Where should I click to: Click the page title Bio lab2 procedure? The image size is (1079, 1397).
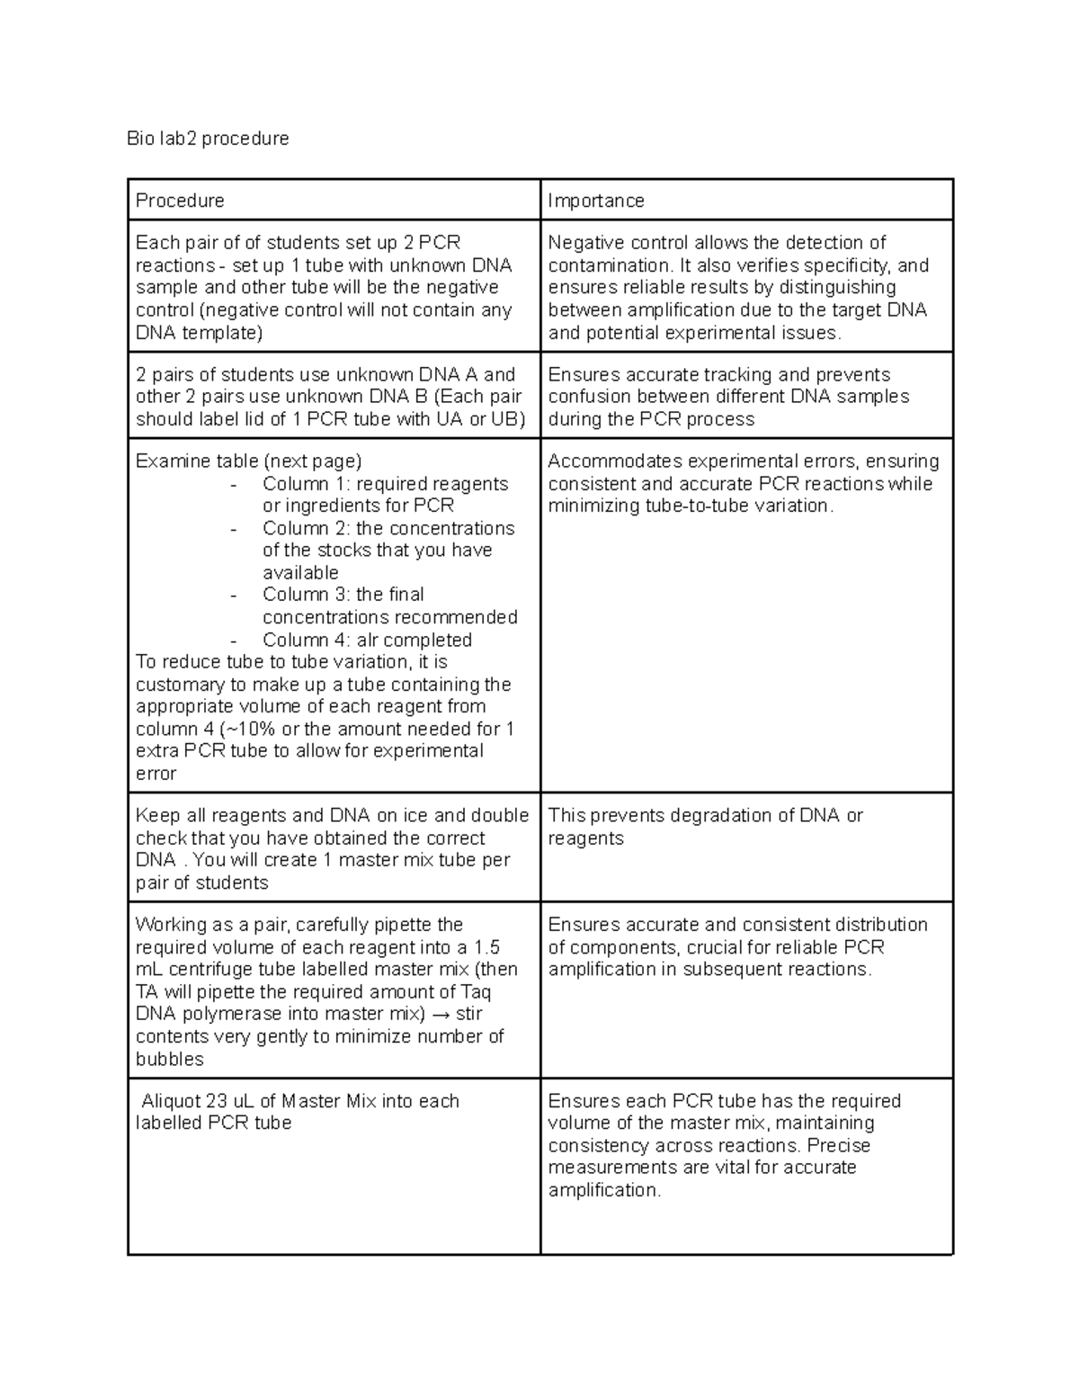pyautogui.click(x=208, y=139)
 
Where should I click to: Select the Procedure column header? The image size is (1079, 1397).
pyautogui.click(x=180, y=201)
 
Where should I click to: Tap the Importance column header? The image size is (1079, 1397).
pyautogui.click(x=596, y=201)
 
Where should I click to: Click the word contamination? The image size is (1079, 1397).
pyautogui.click(x=609, y=265)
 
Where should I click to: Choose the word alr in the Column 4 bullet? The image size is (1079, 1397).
pyautogui.click(x=371, y=640)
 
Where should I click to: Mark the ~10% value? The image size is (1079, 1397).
pyautogui.click(x=254, y=729)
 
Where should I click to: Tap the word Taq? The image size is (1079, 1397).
pyautogui.click(x=475, y=992)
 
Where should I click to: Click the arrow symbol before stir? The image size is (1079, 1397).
pyautogui.click(x=441, y=1015)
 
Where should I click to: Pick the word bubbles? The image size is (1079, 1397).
pyautogui.click(x=169, y=1059)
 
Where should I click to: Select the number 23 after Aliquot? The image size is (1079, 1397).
pyautogui.click(x=217, y=1101)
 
